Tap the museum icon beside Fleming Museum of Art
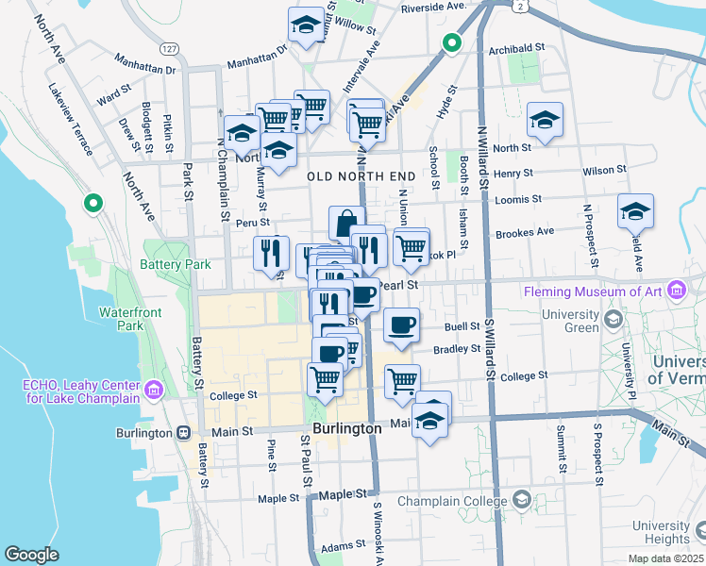coord(676,291)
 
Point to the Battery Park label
coord(176,265)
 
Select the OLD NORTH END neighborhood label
coord(361,176)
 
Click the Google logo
coord(31,554)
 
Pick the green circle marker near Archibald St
coord(451,42)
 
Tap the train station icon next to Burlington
coord(186,432)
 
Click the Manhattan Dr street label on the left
coord(145,70)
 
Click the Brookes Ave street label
coord(524,232)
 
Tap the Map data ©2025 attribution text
coord(666,558)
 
